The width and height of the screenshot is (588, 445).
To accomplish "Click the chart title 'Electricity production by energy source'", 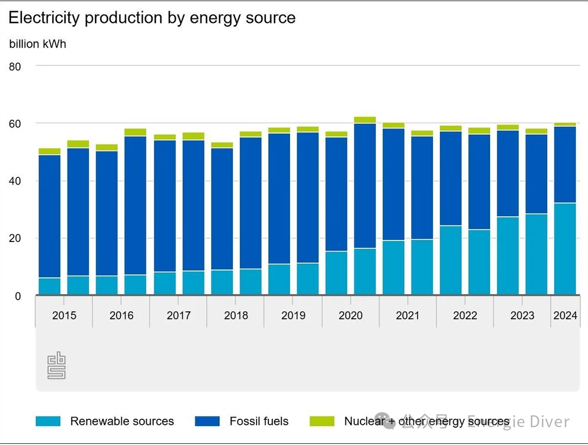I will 151,18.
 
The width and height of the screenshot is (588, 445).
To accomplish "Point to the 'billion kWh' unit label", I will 37,44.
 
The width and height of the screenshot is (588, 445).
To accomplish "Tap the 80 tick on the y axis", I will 15,67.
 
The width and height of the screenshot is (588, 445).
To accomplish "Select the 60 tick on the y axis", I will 15,124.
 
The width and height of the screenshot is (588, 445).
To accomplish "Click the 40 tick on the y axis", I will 15,181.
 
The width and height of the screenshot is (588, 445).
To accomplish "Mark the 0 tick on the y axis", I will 17,296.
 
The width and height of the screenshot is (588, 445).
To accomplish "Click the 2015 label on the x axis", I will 64,315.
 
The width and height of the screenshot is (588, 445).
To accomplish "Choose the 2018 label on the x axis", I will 236,315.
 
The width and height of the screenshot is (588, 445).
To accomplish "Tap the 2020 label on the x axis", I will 350,315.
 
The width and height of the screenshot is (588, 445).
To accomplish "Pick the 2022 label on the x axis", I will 465,315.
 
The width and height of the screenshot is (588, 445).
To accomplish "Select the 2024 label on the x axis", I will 565,315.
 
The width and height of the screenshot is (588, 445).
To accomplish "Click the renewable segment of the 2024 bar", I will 565,249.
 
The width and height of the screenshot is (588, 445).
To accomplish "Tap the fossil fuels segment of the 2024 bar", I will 565,164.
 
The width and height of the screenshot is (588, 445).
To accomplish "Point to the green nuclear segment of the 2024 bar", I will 565,124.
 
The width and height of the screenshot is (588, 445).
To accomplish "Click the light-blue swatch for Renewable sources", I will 48,422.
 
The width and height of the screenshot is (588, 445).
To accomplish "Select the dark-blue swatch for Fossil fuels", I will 207,422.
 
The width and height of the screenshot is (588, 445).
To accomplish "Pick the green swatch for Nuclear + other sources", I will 322,422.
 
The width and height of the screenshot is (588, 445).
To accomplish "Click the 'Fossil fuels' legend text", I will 259,422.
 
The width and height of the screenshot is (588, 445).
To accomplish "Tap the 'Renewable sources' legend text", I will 122,422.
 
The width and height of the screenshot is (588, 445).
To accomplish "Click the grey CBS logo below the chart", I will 56,366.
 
